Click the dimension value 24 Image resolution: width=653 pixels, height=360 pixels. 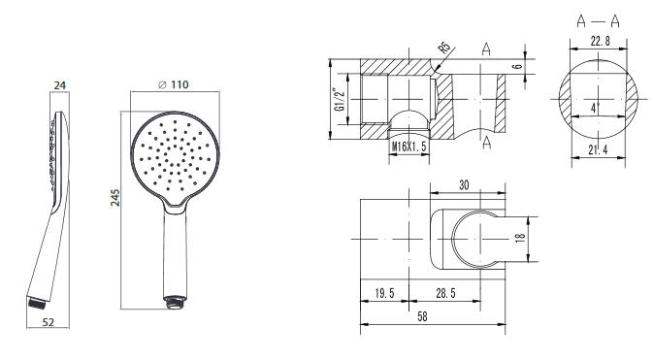tap(60, 85)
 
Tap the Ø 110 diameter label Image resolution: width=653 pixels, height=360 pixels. tap(174, 84)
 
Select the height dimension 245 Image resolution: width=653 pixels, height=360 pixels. tap(115, 198)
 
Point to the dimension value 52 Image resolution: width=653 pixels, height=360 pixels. tap(49, 321)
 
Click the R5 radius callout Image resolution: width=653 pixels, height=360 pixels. tap(444, 48)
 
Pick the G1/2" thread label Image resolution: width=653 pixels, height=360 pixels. tap(341, 99)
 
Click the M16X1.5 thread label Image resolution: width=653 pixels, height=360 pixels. tap(408, 147)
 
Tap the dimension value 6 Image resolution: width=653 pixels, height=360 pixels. tap(517, 66)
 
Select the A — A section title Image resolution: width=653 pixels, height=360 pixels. tap(598, 20)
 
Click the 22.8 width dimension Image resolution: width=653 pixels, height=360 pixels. tap(600, 41)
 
